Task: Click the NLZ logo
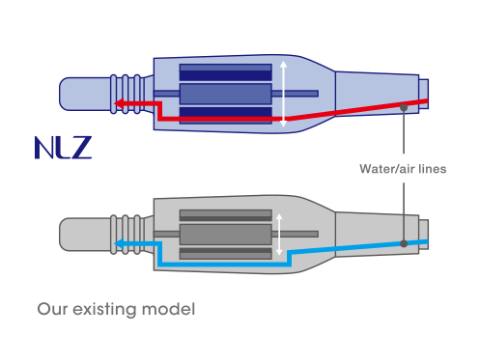click(x=63, y=148)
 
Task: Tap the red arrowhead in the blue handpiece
click(x=120, y=103)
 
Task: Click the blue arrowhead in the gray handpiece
click(x=120, y=243)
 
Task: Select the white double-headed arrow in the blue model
click(x=283, y=94)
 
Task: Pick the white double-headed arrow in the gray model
click(x=279, y=235)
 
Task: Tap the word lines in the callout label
click(x=433, y=169)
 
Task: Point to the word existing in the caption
click(x=104, y=310)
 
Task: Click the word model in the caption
click(x=168, y=309)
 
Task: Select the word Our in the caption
click(x=52, y=309)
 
